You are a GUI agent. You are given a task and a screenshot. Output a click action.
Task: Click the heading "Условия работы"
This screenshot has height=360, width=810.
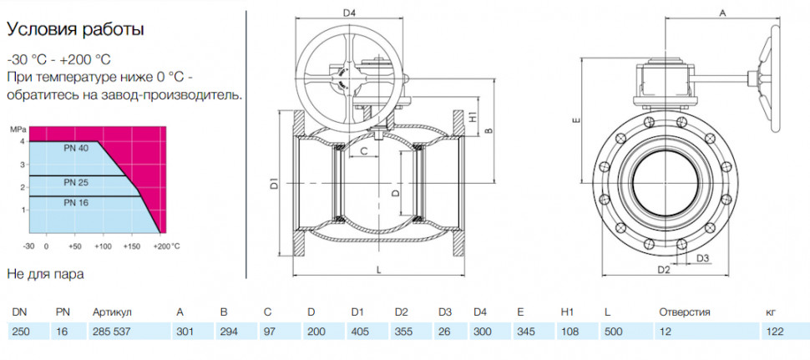point(75,30)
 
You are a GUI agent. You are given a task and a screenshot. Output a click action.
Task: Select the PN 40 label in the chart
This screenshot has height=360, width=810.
point(77,149)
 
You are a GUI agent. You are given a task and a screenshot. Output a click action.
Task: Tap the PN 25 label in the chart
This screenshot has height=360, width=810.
point(77,182)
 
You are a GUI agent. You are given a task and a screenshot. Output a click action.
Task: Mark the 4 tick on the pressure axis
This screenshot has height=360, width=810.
point(23,141)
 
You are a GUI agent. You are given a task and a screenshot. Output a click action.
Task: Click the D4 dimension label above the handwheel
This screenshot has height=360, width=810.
point(350,12)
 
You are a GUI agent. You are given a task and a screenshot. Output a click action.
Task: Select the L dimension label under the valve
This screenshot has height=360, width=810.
point(378,270)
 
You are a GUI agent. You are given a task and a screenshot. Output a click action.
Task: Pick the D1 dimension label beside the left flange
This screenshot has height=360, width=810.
point(275,183)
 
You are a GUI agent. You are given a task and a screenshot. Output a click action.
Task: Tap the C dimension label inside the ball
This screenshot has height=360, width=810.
point(363,151)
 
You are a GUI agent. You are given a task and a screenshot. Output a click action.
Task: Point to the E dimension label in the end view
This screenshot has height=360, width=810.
point(577,121)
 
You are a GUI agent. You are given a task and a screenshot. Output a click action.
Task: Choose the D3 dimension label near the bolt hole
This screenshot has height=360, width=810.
point(702,257)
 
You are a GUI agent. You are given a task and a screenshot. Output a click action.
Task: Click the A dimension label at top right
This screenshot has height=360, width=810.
point(723,14)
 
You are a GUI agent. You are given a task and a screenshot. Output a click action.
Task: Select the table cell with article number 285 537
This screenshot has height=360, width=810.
point(109,331)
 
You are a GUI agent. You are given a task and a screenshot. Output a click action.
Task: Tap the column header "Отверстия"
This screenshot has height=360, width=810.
point(685,312)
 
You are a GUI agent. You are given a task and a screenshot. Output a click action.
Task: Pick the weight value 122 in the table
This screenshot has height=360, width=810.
point(775,331)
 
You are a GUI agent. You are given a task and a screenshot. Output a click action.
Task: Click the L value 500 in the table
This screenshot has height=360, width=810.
point(613,331)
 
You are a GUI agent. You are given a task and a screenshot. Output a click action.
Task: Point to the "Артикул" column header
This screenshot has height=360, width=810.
point(112,312)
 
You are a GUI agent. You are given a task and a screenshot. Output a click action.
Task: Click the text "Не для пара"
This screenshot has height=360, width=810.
point(45,274)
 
